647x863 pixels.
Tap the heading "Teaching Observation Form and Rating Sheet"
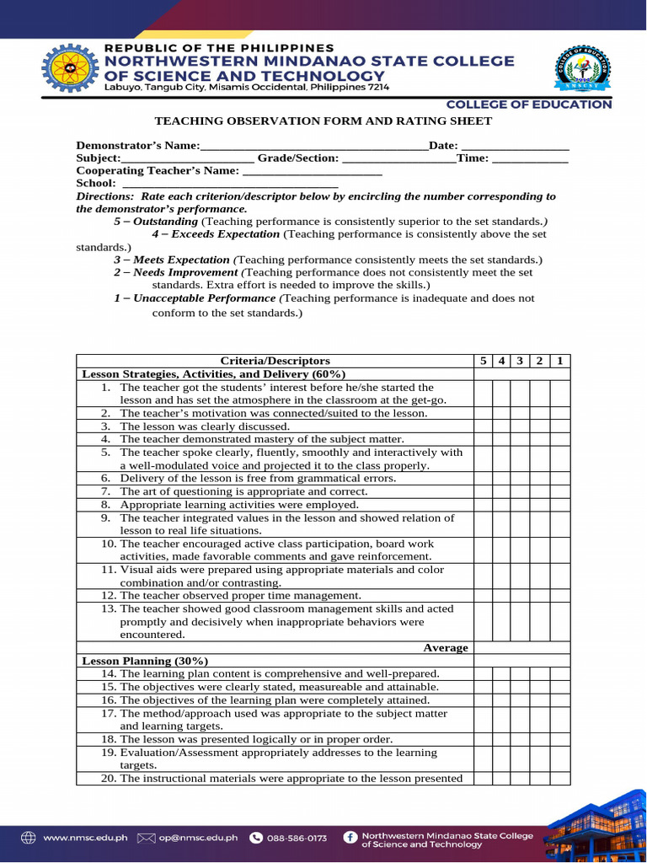click(x=323, y=121)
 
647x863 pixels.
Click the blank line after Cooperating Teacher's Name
click(x=312, y=171)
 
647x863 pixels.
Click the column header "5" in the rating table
click(x=483, y=361)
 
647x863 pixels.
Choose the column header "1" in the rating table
click(x=559, y=361)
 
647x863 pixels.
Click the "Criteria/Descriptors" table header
click(x=275, y=361)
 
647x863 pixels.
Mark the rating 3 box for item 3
click(x=521, y=426)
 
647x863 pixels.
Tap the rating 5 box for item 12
click(x=483, y=596)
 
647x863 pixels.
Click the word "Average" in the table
click(x=445, y=648)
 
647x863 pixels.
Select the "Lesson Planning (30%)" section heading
click(x=144, y=662)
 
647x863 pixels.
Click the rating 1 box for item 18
click(x=559, y=739)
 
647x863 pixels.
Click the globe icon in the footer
click(x=29, y=838)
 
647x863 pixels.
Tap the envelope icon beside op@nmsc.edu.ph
click(x=147, y=838)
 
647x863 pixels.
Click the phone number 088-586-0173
click(x=297, y=838)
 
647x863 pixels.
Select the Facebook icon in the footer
click(x=350, y=838)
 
